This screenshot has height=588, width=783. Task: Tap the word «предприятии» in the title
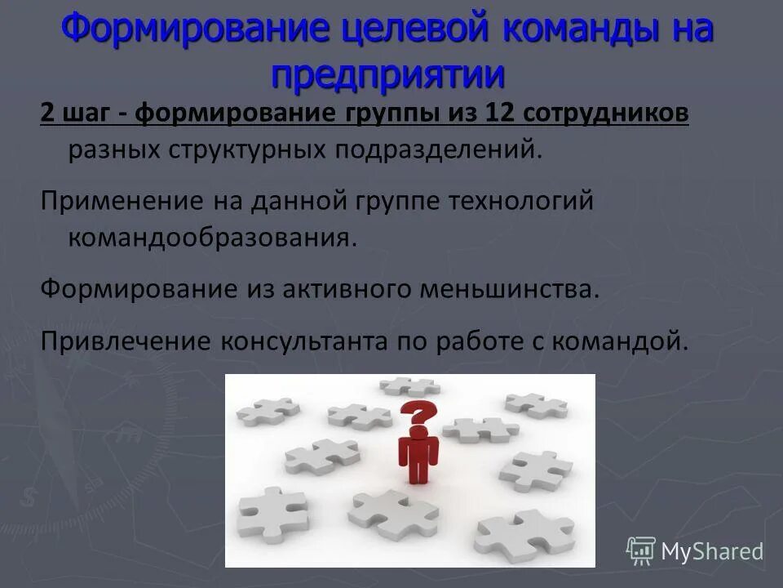click(388, 74)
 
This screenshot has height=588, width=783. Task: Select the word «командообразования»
click(212, 238)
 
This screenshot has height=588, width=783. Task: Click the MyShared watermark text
click(711, 551)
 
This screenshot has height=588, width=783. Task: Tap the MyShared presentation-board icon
click(641, 550)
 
